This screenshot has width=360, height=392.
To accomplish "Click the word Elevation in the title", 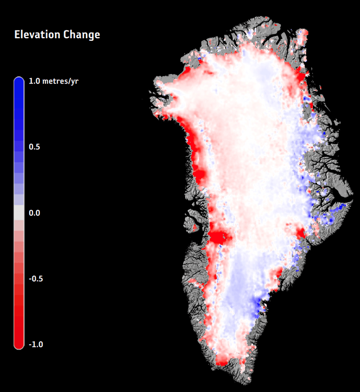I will click(37, 35).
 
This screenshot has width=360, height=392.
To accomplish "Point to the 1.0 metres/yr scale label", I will click(53, 81).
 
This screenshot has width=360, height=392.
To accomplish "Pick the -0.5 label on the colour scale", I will click(35, 279).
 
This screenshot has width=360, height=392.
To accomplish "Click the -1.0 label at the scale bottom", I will click(35, 345).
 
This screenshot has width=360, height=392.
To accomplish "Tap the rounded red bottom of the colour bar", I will click(19, 344).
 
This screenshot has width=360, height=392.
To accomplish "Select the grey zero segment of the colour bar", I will click(19, 213).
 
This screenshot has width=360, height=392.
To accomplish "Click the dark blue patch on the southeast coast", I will click(260, 305).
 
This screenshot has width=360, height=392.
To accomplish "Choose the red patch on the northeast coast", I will click(298, 77).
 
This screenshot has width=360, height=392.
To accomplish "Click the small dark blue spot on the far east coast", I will click(342, 206).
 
